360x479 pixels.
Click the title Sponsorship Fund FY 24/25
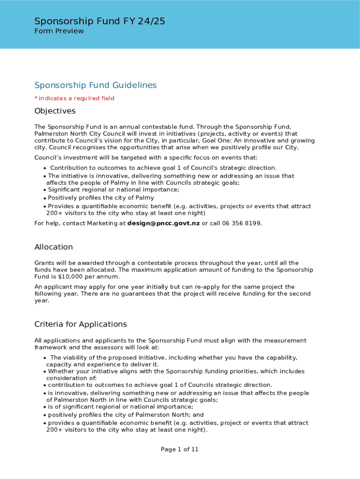point(100,21)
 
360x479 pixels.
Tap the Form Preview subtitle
point(59,31)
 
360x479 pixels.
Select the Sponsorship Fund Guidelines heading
point(95,85)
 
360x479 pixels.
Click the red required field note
point(74,98)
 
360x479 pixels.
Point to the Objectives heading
point(55,111)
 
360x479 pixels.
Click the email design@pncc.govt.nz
point(163,223)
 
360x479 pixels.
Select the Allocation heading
point(54,247)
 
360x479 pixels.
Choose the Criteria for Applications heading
point(80,324)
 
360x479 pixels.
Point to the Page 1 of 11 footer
point(180,450)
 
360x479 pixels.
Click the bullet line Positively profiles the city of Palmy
point(101,198)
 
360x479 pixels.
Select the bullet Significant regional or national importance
point(113,189)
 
